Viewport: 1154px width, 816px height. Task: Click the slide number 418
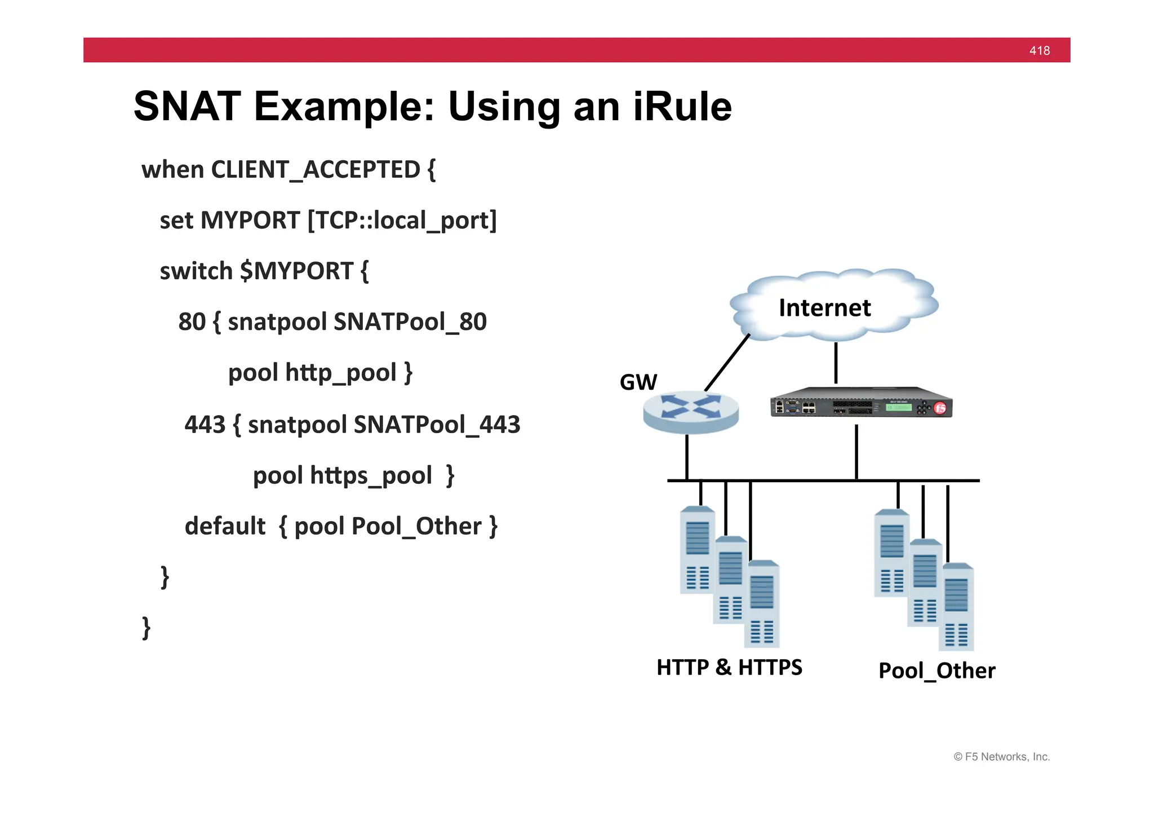[x=1039, y=51]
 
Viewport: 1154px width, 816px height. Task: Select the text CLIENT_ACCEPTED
[x=315, y=170]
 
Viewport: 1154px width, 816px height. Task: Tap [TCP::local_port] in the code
[x=402, y=220]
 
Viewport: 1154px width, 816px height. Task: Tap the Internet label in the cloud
[x=824, y=308]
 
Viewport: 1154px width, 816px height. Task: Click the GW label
[x=638, y=382]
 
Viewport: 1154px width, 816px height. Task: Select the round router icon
[x=691, y=413]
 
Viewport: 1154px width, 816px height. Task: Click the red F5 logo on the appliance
[x=940, y=408]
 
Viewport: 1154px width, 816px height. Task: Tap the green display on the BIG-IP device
[x=898, y=407]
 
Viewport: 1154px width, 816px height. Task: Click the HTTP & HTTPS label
[x=729, y=668]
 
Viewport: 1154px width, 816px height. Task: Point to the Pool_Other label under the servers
[x=936, y=671]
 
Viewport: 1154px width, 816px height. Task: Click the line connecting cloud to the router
[x=727, y=363]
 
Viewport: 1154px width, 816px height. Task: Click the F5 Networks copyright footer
[x=1001, y=757]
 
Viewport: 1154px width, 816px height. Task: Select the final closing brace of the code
[x=147, y=628]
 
